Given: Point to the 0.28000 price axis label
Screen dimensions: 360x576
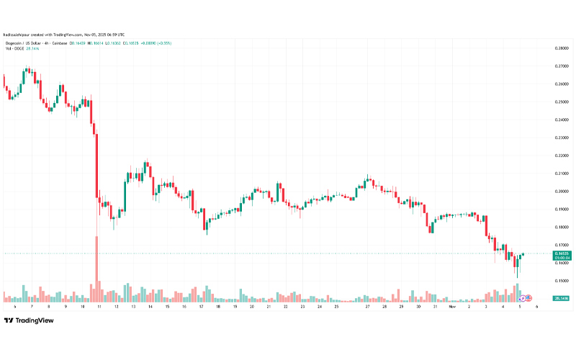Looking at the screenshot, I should coord(561,48).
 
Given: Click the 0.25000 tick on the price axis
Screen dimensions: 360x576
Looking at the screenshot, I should coord(561,102).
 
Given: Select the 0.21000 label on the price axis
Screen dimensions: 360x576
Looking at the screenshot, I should coord(561,174).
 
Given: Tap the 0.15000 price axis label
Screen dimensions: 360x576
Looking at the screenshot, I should coord(561,281).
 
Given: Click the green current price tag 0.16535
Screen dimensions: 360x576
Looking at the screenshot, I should coord(561,254).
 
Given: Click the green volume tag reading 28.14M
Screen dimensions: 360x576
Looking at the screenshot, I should coord(561,297).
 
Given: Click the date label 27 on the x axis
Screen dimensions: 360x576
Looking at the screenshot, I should coord(367,306).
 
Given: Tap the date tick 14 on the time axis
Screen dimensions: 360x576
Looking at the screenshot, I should coord(150,306).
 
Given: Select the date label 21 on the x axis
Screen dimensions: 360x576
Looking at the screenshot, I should coord(269,306).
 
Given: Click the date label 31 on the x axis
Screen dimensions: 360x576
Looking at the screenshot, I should coord(435,306).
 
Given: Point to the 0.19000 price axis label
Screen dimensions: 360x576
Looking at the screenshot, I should coord(561,209).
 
